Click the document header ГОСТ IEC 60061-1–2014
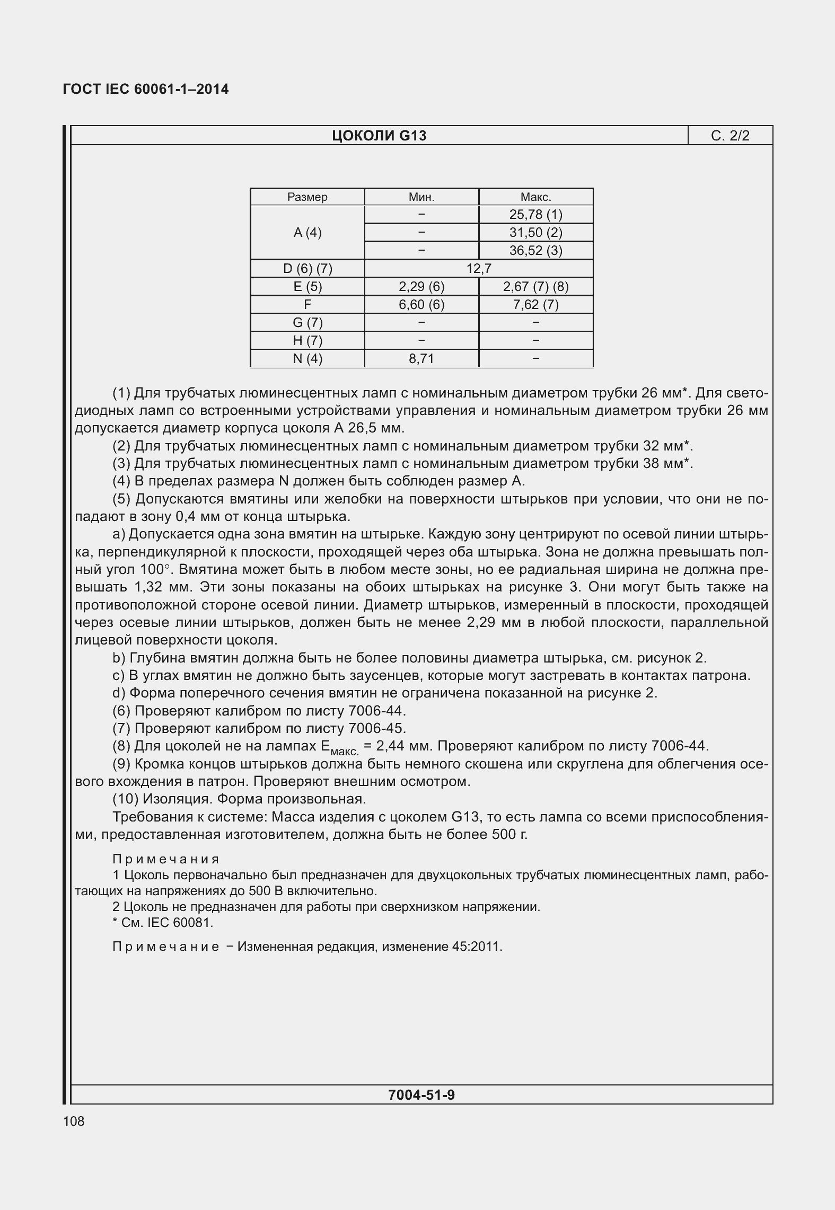146,89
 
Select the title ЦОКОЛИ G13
379,136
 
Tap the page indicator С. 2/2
730,136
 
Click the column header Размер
307,197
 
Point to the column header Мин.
421,197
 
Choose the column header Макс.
535,197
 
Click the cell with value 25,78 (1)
535,215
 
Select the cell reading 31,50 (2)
535,233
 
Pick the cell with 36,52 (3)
535,251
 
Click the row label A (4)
307,233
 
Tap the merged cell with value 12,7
478,269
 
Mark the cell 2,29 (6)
421,287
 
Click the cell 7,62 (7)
535,305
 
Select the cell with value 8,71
421,359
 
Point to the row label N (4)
307,359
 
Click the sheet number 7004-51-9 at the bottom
421,1094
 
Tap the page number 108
73,1121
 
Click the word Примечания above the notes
166,859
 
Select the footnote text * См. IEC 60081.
163,923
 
